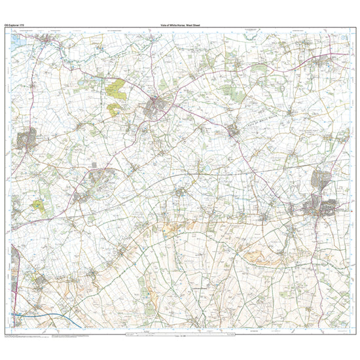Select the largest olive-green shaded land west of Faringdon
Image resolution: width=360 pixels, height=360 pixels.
pyautogui.click(x=115, y=88)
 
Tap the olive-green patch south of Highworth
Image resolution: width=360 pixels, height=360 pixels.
pyautogui.click(x=38, y=206)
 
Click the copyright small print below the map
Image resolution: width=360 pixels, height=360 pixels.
pyautogui.click(x=39, y=336)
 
